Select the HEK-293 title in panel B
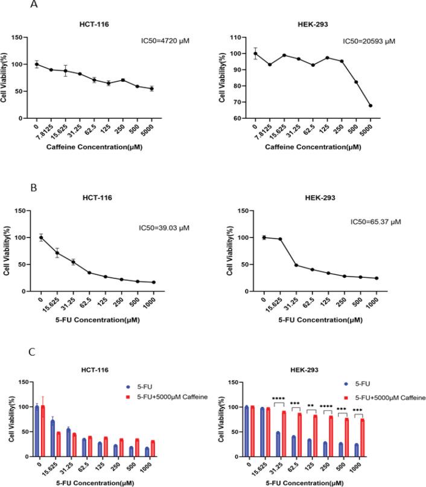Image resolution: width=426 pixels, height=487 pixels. tap(322, 198)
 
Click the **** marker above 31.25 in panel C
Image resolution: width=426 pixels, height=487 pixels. tap(278, 398)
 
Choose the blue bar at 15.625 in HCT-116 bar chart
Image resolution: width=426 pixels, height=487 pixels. tap(52, 438)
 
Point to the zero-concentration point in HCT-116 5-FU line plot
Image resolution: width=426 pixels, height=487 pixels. tap(41, 237)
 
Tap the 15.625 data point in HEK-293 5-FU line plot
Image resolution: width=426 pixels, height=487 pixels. tap(279, 239)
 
